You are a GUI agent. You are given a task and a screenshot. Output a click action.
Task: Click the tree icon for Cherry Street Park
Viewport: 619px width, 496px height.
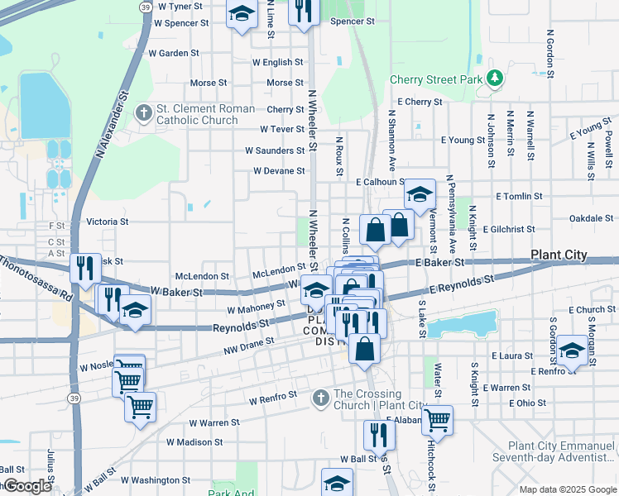pyautogui.click(x=495, y=79)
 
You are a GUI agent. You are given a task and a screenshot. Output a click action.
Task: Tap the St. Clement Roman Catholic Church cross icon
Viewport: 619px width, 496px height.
pyautogui.click(x=143, y=112)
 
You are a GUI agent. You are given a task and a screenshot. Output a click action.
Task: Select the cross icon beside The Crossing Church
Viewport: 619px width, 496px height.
pyautogui.click(x=322, y=398)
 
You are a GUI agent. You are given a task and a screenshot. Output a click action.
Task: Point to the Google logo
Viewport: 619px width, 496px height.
pyautogui.click(x=26, y=486)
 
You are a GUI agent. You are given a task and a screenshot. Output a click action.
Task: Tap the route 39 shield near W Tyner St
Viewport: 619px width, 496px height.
pyautogui.click(x=145, y=6)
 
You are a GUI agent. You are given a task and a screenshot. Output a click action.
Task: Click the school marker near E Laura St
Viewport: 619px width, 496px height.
pyautogui.click(x=572, y=351)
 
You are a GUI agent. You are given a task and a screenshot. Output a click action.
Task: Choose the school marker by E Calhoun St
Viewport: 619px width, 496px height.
pyautogui.click(x=420, y=195)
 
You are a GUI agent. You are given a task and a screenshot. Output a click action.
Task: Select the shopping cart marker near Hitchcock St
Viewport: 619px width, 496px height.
pyautogui.click(x=437, y=419)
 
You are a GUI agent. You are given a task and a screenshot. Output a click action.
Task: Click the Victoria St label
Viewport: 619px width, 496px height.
pyautogui.click(x=108, y=222)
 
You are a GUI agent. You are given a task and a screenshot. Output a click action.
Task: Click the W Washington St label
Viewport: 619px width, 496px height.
pyautogui.click(x=156, y=479)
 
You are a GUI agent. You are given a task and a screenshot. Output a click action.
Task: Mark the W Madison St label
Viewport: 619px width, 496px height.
pyautogui.click(x=194, y=441)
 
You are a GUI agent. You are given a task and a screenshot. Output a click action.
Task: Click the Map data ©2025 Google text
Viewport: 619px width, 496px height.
pyautogui.click(x=568, y=489)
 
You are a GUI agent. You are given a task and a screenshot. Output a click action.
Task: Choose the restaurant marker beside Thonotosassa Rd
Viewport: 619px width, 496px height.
pyautogui.click(x=85, y=268)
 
